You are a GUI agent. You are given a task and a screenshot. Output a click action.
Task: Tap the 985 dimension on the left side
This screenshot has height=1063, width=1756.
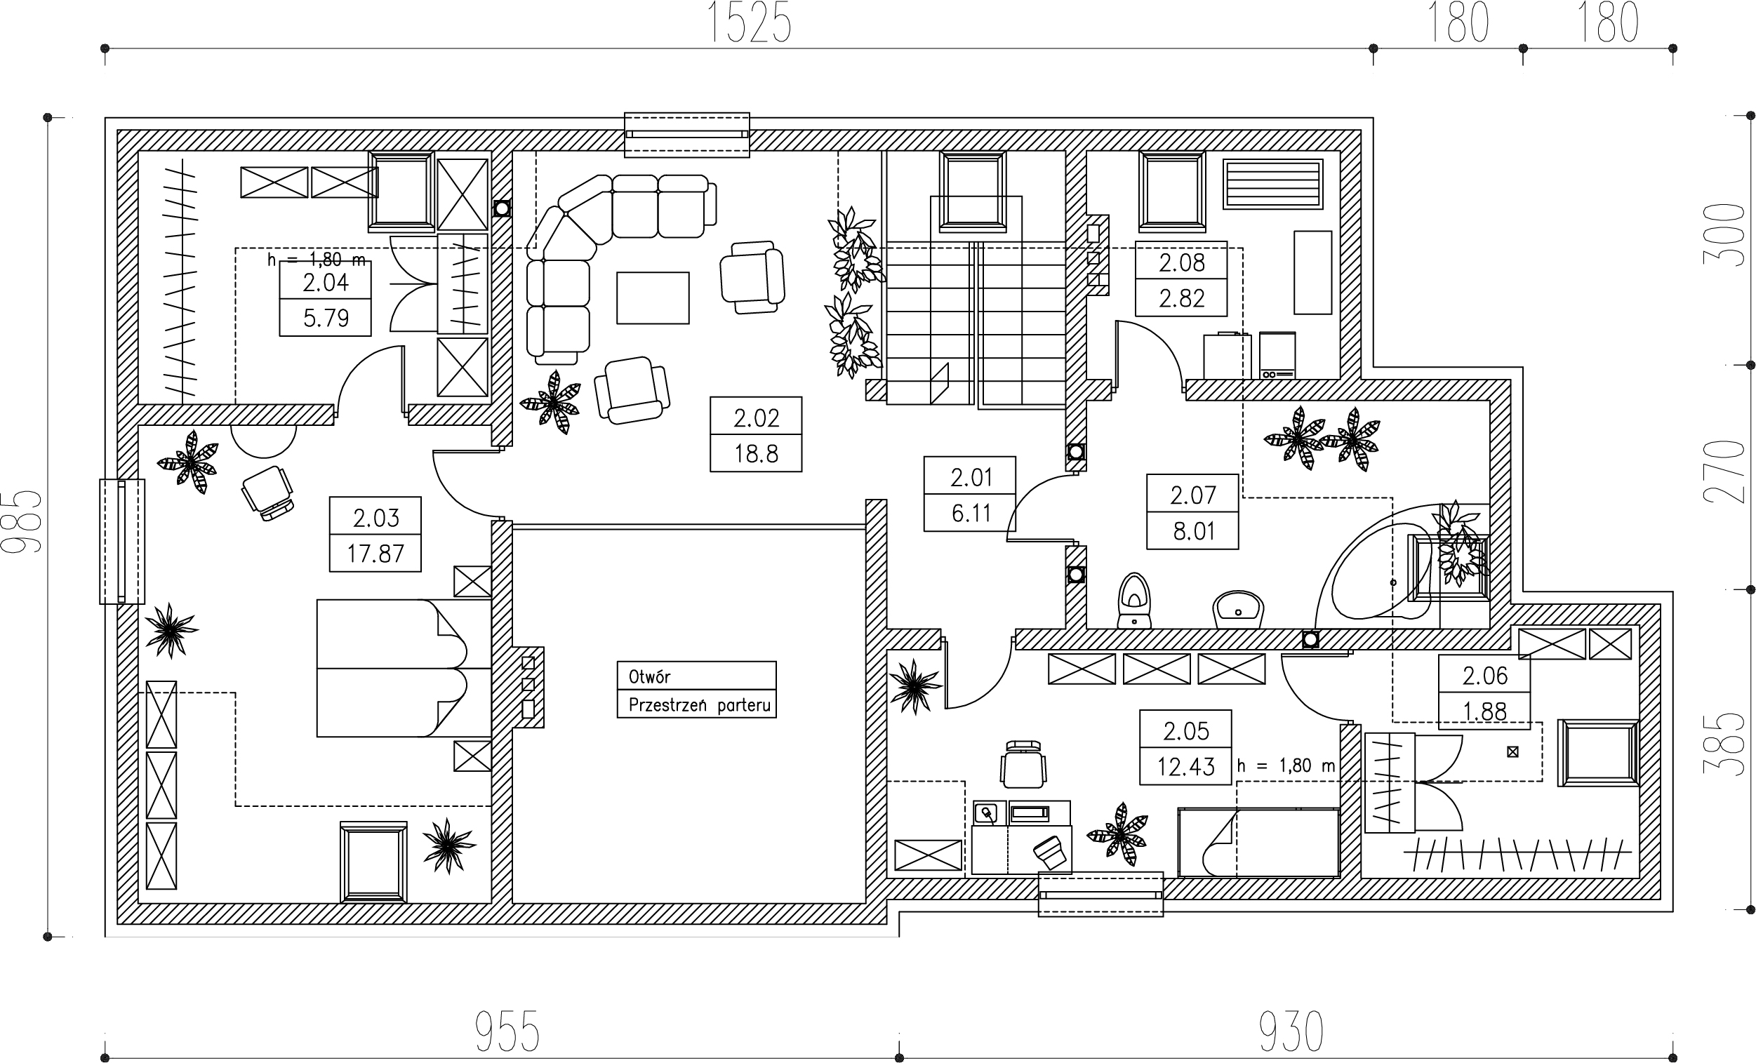(x=22, y=521)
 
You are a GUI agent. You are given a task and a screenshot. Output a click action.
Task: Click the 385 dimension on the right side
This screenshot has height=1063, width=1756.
(x=1724, y=744)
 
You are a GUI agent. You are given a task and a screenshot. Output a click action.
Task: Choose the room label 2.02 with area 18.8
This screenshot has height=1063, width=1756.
(x=756, y=434)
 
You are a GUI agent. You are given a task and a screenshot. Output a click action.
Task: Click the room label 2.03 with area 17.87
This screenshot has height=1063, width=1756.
(x=375, y=535)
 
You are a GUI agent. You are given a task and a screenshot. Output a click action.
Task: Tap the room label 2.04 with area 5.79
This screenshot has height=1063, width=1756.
(x=326, y=299)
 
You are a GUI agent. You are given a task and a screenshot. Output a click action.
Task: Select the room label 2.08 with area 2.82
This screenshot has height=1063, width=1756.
(x=1182, y=279)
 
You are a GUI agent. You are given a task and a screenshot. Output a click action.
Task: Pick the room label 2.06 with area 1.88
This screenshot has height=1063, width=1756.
(x=1484, y=693)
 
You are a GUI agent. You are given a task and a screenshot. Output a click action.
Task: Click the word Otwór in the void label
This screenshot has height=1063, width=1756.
(x=649, y=676)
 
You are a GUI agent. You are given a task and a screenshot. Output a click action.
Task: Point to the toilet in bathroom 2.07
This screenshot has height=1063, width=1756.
(x=1134, y=601)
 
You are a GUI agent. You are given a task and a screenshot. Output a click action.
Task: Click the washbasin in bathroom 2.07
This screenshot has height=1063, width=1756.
(x=1239, y=610)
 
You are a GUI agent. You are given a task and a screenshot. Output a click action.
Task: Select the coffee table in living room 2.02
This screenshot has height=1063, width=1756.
(x=653, y=297)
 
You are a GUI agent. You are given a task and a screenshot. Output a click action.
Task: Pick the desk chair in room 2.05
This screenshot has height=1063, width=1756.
(x=1023, y=764)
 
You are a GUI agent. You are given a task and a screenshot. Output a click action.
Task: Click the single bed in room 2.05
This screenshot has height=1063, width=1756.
(x=1259, y=842)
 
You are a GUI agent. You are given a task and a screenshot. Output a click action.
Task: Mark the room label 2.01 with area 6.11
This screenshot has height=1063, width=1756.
(x=970, y=495)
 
